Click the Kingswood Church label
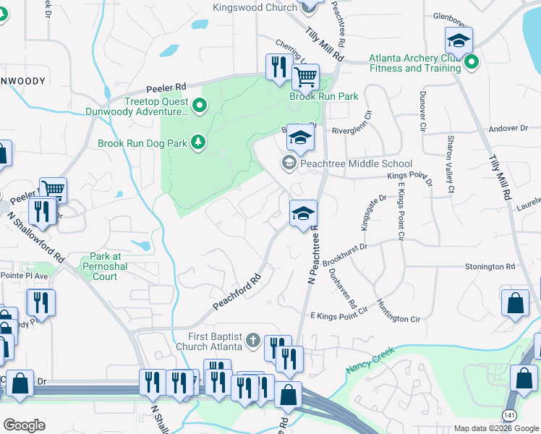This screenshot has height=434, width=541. tap(255, 8)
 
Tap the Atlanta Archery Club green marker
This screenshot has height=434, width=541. tap(472, 61)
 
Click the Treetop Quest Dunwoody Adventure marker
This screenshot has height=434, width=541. tap(200, 106)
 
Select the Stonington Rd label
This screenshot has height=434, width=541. tap(490, 266)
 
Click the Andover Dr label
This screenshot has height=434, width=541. tap(509, 128)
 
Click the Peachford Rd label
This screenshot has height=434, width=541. tap(236, 292)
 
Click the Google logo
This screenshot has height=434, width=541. tap(25, 425)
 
